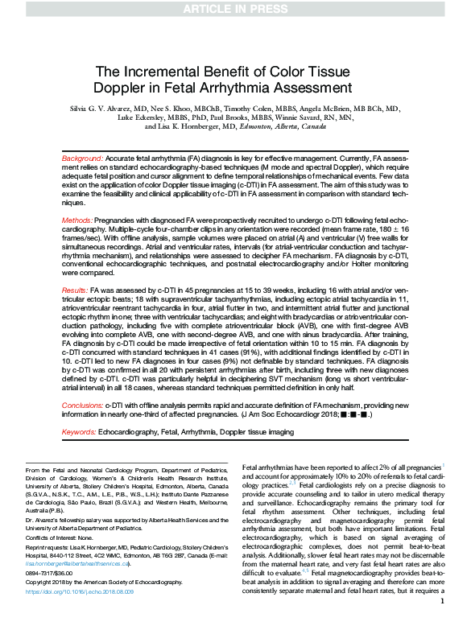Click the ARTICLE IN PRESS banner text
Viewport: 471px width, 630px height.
pyautogui.click(x=235, y=9)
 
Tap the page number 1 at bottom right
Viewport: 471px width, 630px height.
pyautogui.click(x=443, y=623)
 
